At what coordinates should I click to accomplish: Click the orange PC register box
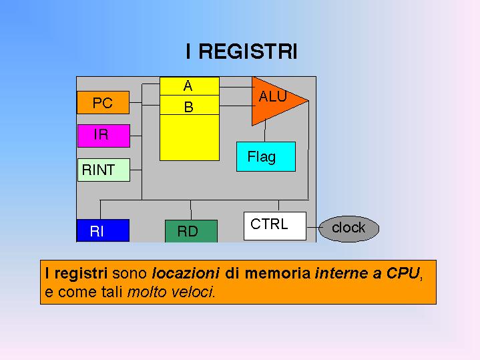[102, 103]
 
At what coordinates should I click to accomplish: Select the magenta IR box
[102, 135]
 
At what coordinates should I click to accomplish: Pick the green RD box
[190, 231]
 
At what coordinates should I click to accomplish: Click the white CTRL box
[274, 225]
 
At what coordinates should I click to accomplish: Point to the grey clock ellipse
[348, 228]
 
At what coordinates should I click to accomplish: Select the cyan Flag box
[265, 157]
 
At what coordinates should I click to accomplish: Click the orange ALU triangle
[272, 99]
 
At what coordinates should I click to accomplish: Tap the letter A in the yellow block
[188, 86]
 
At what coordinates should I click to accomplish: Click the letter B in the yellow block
[188, 106]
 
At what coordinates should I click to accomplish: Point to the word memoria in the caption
[277, 273]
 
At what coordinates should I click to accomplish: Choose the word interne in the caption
[338, 273]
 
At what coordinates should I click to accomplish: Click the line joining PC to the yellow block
[144, 103]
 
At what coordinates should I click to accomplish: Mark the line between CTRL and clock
[312, 227]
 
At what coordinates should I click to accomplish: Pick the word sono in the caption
[130, 273]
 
